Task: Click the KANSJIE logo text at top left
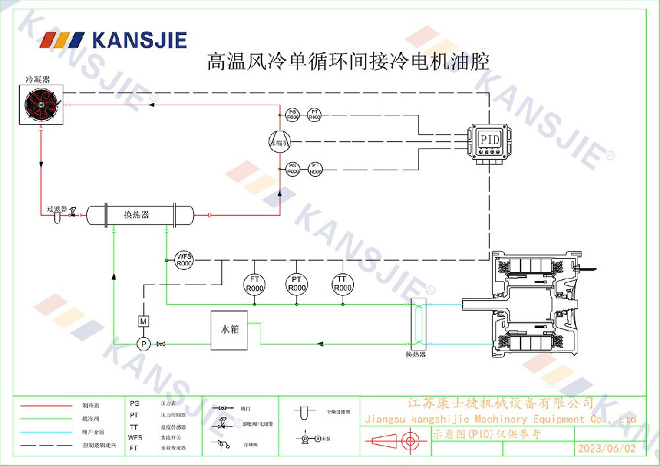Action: click(139, 40)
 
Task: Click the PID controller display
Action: click(490, 140)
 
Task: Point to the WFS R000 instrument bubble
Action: click(183, 260)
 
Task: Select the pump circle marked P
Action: click(143, 343)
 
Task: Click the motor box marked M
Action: click(143, 321)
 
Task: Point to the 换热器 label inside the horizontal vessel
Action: click(137, 215)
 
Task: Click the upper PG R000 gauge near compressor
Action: click(294, 115)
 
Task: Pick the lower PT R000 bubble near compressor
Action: click(315, 168)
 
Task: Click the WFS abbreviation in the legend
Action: click(135, 437)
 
